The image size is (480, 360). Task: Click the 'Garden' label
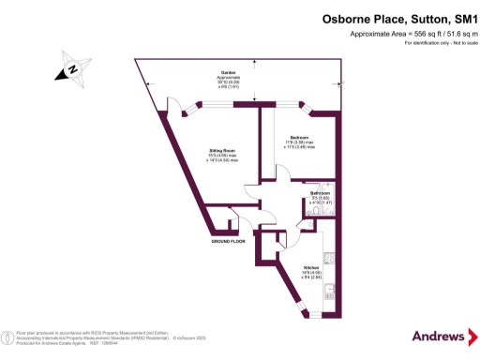click(x=228, y=72)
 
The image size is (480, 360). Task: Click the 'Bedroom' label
click(x=300, y=138)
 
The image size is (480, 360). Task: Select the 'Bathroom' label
click(x=322, y=193)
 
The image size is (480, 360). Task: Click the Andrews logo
click(x=438, y=336)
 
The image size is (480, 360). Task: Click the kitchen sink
click(x=329, y=256)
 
